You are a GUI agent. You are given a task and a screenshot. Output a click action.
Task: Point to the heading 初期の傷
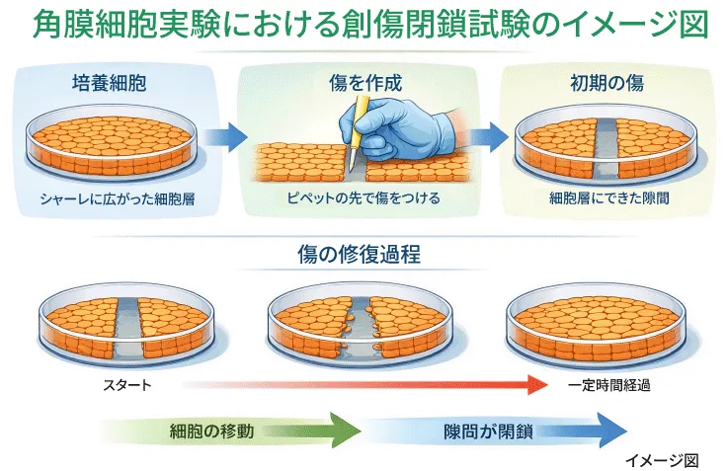pyautogui.click(x=607, y=83)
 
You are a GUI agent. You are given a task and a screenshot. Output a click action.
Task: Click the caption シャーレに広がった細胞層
pyautogui.click(x=116, y=198)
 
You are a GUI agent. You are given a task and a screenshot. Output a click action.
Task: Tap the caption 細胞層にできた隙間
pyautogui.click(x=606, y=198)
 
